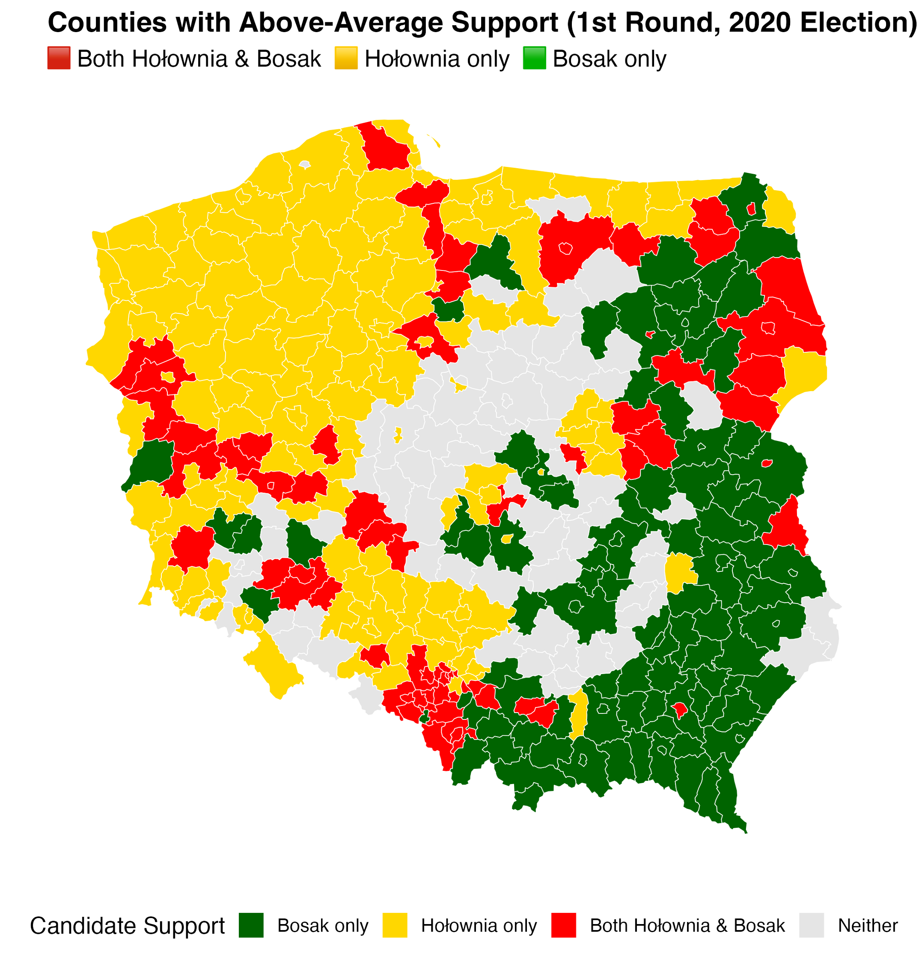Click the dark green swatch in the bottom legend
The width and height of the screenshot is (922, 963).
click(x=251, y=926)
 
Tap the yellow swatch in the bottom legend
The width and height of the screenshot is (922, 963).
click(x=395, y=926)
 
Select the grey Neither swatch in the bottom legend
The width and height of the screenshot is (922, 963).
click(x=812, y=926)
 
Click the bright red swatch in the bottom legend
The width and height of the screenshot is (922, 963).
click(x=564, y=926)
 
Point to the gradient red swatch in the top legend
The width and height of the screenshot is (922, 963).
click(x=59, y=58)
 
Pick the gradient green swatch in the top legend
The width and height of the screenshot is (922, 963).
click(x=535, y=58)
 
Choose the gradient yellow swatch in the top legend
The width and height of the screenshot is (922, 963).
click(x=346, y=58)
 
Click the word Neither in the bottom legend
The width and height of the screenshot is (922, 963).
click(x=868, y=926)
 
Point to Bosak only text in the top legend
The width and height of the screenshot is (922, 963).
click(x=610, y=59)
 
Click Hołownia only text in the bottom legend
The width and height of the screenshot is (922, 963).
click(x=479, y=926)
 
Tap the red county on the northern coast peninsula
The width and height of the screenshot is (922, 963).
click(x=386, y=147)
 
